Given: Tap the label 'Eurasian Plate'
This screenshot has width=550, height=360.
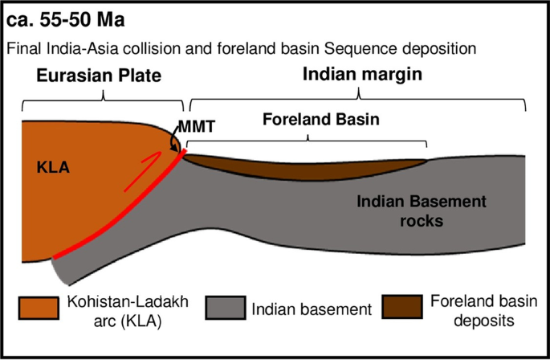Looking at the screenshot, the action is [99, 76].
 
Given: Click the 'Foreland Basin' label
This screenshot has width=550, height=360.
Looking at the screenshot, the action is [311, 121].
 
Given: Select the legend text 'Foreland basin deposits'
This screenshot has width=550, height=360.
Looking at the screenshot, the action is [476, 311].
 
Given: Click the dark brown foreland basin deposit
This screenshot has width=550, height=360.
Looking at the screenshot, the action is [305, 164].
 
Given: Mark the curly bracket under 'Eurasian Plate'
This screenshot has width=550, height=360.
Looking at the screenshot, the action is [104, 100].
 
